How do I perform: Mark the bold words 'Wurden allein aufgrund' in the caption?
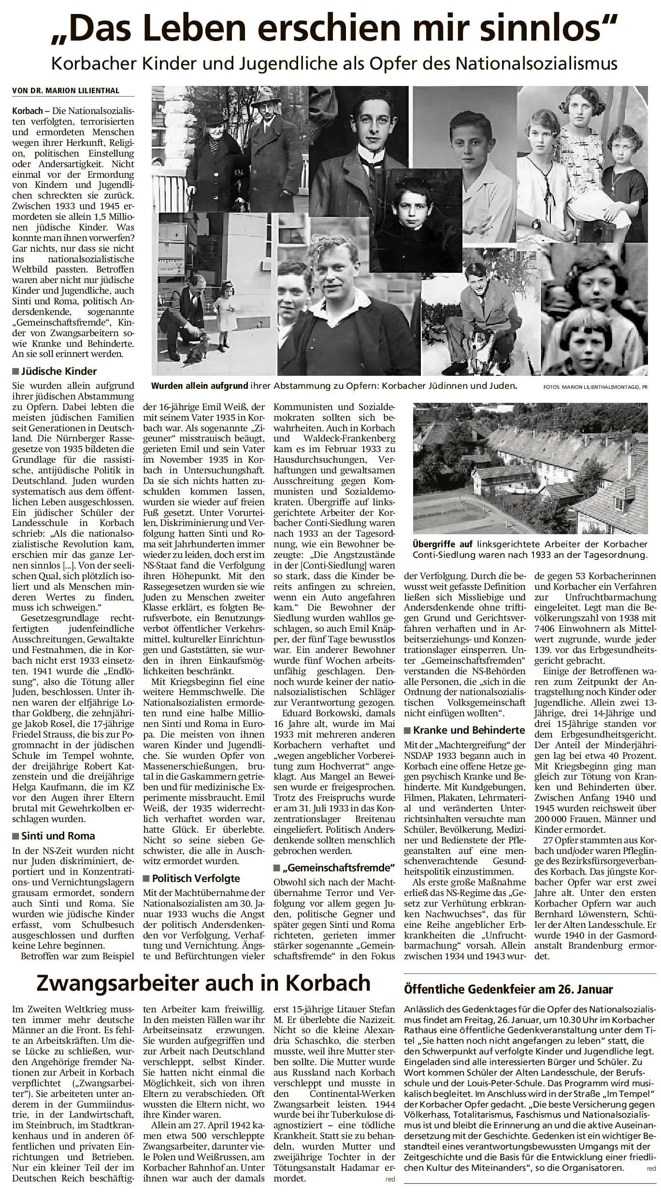click(x=200, y=386)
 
